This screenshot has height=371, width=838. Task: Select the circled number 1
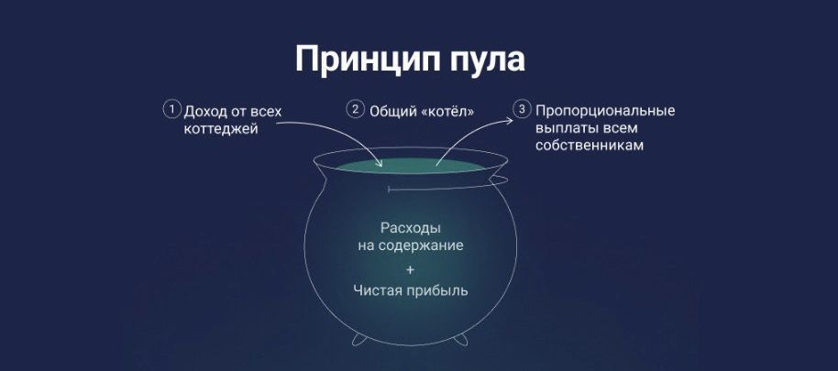[171, 110]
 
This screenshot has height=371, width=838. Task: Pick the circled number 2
[355, 110]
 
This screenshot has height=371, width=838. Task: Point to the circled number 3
[521, 110]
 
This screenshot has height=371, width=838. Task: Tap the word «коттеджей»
[221, 129]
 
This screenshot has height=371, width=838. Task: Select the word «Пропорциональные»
[605, 112]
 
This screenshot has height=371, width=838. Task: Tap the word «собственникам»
[589, 146]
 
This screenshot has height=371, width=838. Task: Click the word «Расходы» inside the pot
[411, 228]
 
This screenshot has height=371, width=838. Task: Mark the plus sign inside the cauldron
[410, 270]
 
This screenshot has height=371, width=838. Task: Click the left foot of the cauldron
[359, 340]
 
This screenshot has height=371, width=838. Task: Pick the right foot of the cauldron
[460, 340]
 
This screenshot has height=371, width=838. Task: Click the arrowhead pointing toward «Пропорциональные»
[509, 121]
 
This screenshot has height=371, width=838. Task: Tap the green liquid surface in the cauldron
[411, 165]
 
